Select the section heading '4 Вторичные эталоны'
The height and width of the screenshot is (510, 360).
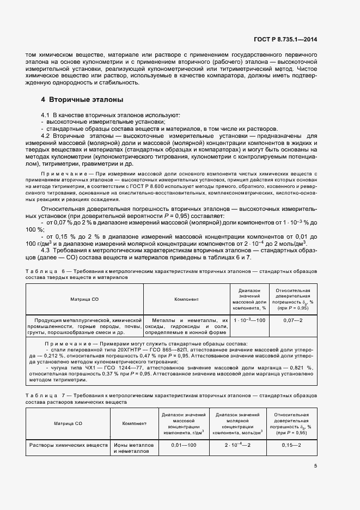tap(82, 100)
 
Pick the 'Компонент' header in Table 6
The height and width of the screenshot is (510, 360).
tap(186, 299)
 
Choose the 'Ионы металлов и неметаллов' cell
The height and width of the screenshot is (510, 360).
tap(134, 448)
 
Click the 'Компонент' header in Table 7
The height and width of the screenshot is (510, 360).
tap(134, 423)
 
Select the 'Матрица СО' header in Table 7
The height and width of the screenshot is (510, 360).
tap(68, 423)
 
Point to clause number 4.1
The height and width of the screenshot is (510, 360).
tap(45, 116)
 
